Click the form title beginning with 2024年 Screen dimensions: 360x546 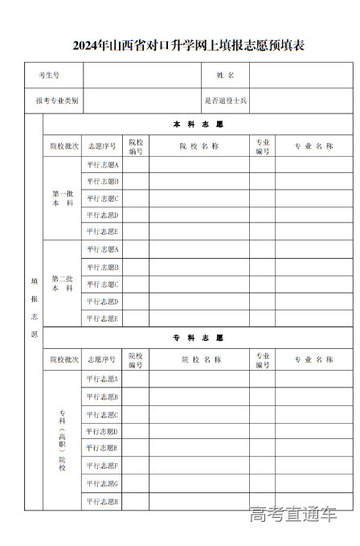[188, 46]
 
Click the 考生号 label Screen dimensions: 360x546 [49, 75]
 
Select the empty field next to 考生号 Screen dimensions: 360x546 [142, 75]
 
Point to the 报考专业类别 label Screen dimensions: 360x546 [56, 101]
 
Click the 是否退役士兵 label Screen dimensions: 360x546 [225, 101]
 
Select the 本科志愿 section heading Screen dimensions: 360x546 [198, 125]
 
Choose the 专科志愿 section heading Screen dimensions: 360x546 [198, 338]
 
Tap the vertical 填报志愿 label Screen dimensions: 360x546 [34, 308]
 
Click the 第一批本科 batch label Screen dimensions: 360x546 [63, 198]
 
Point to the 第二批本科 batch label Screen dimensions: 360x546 [63, 283]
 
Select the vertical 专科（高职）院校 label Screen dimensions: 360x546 [62, 440]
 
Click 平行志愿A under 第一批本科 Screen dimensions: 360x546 [102, 164]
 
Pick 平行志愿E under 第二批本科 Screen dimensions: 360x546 [102, 318]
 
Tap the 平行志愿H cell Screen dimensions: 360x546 [102, 502]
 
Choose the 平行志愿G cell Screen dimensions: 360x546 [102, 484]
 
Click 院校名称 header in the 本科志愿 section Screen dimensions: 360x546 [198, 146]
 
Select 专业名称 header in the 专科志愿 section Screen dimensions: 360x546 [313, 359]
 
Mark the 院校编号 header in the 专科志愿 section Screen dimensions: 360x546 [135, 359]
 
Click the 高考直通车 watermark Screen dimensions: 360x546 [292, 515]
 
